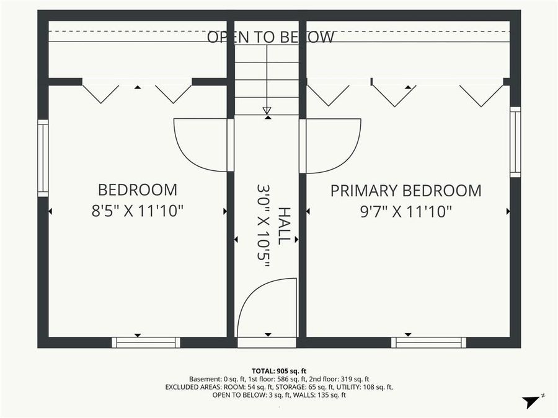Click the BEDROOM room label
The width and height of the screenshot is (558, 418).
[x=137, y=189]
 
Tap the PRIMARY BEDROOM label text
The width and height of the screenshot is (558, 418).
[x=405, y=191]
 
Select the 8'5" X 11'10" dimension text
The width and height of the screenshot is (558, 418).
[x=137, y=211]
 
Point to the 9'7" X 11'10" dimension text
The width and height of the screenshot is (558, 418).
[x=405, y=211]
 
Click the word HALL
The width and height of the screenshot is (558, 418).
[x=283, y=225]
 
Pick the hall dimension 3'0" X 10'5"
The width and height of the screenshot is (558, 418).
[x=263, y=225]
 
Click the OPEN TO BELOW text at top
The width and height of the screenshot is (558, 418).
[x=270, y=37]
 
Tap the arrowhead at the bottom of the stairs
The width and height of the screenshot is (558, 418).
[x=267, y=110]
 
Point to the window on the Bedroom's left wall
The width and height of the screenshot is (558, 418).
[x=43, y=158]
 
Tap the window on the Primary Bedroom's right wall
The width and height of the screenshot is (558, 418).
[x=515, y=142]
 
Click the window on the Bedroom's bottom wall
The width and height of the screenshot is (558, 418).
[x=146, y=342]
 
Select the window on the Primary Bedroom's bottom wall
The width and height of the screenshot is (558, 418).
[x=428, y=342]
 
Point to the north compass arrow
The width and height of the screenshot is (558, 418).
[x=531, y=401]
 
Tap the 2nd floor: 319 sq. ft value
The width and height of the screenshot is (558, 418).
[x=340, y=378]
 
